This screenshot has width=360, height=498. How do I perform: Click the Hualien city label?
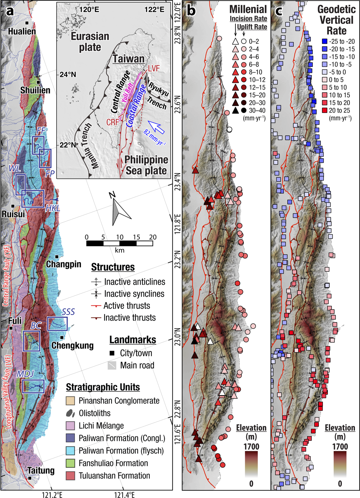coord(22,31)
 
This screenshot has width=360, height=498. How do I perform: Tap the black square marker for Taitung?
coord(30,478)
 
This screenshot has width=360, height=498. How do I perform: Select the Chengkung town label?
coord(72,346)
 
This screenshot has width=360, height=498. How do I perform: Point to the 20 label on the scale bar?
coord(153,237)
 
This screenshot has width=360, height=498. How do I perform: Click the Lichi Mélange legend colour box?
coord(70,426)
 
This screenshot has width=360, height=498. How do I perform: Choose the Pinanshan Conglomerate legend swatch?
coord(70,401)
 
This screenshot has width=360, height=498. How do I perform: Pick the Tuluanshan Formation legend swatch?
coord(70,475)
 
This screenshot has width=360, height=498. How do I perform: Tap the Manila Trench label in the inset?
coord(89,146)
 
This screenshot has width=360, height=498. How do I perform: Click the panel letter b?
coord(191,11)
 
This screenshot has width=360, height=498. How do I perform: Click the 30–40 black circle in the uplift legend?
coord(244,110)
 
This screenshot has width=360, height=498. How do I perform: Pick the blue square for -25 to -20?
coord(324,41)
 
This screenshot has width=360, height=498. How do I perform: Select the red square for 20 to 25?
coord(324,110)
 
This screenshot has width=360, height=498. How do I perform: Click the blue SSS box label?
coord(68,312)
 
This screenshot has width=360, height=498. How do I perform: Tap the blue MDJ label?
coord(25,374)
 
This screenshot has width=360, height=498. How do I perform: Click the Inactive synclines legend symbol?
coord(96,294)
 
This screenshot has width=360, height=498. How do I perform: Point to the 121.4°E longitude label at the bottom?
coord(124,495)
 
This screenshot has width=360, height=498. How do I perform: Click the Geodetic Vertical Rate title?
coord(336,20)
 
